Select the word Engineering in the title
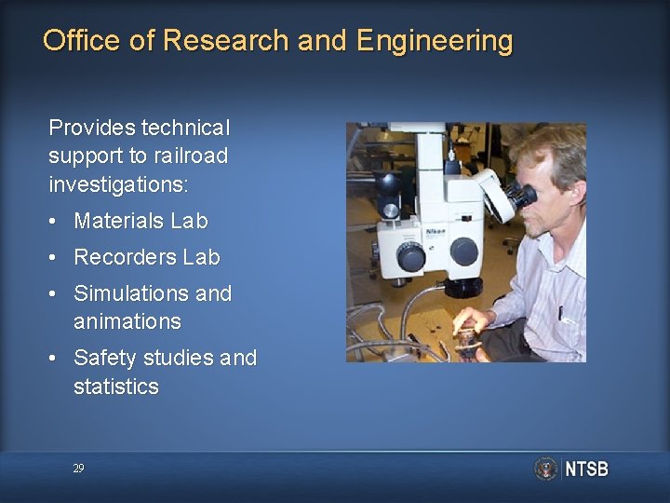pos(434,41)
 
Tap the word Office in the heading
pos(81,41)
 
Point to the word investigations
pos(118,184)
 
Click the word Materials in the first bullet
pos(119,222)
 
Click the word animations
pos(127,321)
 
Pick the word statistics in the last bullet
pos(115,387)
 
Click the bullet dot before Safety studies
pos(56,359)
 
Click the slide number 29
pos(79,469)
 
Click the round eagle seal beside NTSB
pos(546,469)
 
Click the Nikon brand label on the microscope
pos(435,231)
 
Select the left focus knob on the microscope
pos(410,255)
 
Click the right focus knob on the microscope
pos(463,251)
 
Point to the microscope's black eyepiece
pos(522,197)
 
